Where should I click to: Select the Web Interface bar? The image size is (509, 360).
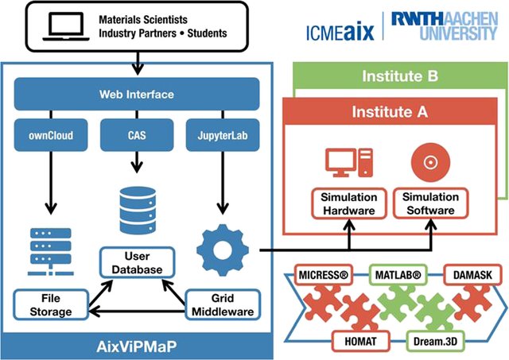pyautogui.click(x=138, y=95)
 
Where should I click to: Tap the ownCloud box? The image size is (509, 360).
pyautogui.click(x=51, y=134)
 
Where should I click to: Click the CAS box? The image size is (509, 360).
pyautogui.click(x=138, y=134)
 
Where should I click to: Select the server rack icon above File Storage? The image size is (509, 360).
pyautogui.click(x=50, y=250)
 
